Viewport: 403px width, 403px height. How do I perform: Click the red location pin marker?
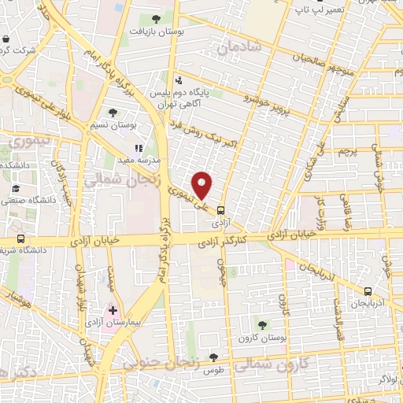(203, 184)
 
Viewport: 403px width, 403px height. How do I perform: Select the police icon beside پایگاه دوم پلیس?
(179, 79)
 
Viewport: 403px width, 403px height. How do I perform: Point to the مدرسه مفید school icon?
(139, 147)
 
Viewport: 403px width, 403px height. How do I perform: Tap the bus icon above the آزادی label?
(220, 210)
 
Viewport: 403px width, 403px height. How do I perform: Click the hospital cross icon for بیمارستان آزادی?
(113, 310)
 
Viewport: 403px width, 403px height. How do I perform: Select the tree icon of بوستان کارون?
(262, 324)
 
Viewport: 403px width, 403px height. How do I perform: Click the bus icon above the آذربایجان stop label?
(368, 290)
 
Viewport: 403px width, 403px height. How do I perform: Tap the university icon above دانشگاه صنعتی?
(16, 189)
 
